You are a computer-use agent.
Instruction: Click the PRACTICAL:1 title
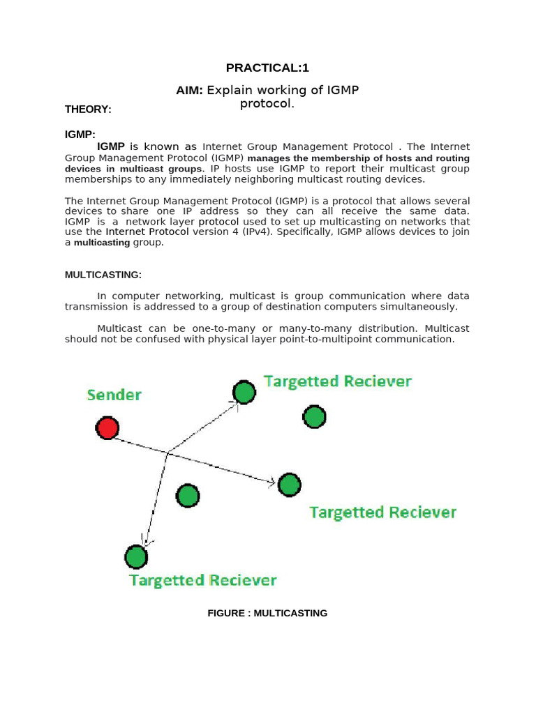(x=267, y=68)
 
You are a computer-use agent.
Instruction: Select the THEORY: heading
(x=88, y=109)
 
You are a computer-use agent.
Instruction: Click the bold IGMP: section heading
(x=80, y=134)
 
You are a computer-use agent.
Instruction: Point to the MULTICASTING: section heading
(x=103, y=275)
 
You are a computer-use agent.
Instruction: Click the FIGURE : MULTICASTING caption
(x=267, y=614)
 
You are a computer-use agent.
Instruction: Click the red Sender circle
(x=107, y=428)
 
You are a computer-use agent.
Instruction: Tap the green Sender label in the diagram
(x=114, y=395)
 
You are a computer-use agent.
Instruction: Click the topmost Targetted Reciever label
(x=337, y=381)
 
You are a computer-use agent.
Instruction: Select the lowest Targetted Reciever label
(x=203, y=580)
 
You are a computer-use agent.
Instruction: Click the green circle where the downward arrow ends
(x=136, y=557)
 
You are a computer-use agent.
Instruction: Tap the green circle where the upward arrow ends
(x=244, y=393)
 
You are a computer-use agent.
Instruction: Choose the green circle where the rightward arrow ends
(x=289, y=485)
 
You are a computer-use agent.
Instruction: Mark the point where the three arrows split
(x=167, y=453)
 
